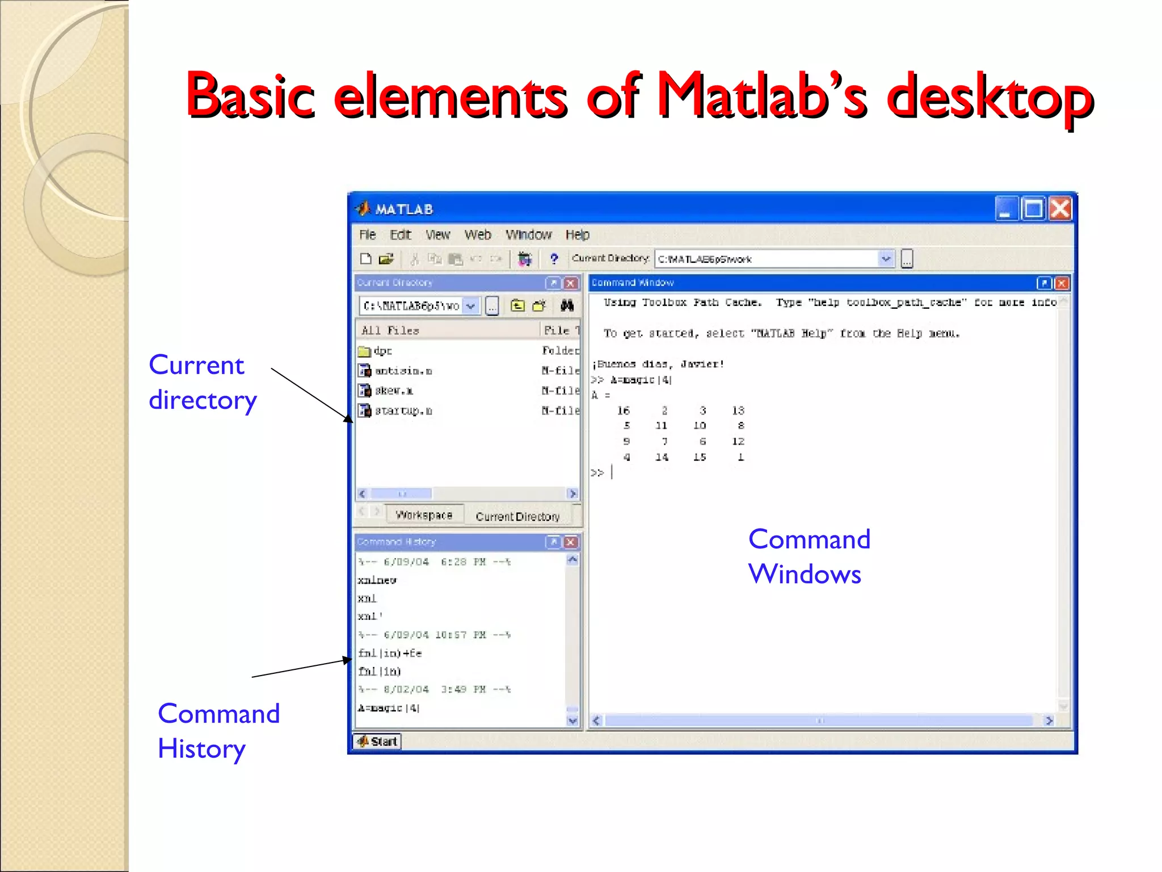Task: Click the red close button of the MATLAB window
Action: click(x=1060, y=208)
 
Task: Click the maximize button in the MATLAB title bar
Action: click(x=1033, y=208)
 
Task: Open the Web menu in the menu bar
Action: click(x=477, y=235)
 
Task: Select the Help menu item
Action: click(x=577, y=235)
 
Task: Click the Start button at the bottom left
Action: click(x=377, y=741)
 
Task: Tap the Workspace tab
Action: click(x=424, y=515)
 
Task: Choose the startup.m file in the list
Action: click(x=403, y=410)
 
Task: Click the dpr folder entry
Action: click(x=382, y=351)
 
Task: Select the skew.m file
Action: click(x=394, y=391)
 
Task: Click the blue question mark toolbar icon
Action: click(x=554, y=259)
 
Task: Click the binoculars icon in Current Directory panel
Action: click(x=567, y=305)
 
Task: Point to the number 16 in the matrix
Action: click(x=623, y=410)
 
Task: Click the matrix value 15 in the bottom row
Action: click(x=700, y=457)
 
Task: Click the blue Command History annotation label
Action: click(x=218, y=731)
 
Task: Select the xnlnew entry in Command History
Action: click(x=377, y=580)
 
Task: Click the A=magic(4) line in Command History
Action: click(x=389, y=708)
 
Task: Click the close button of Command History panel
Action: click(x=571, y=542)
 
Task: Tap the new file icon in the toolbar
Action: click(x=366, y=259)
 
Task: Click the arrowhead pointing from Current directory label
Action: click(x=348, y=418)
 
